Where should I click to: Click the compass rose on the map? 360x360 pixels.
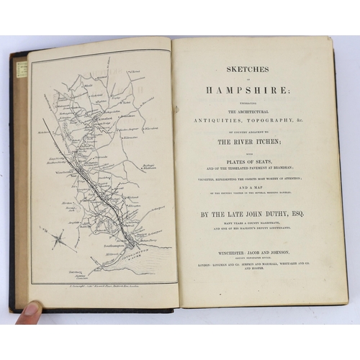click(x=60, y=240)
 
